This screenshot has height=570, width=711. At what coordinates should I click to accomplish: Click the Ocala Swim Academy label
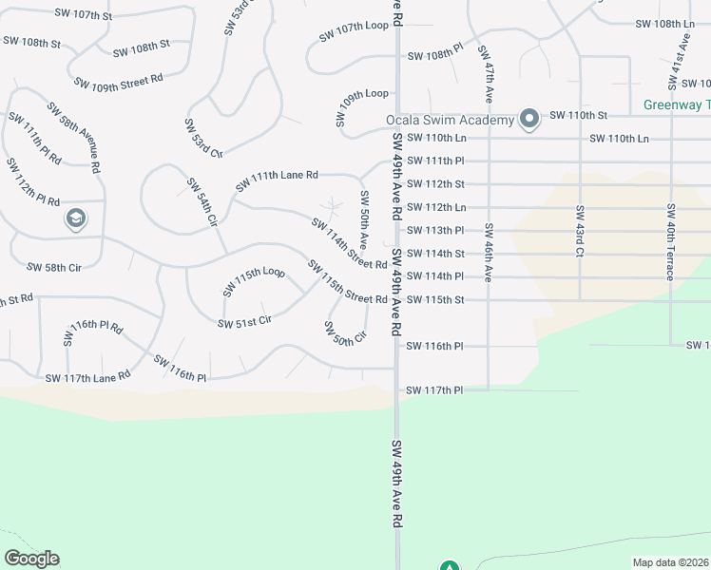click(x=449, y=120)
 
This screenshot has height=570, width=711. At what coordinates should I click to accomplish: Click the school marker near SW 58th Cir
click(x=75, y=219)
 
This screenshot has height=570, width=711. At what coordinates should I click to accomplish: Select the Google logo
click(x=31, y=559)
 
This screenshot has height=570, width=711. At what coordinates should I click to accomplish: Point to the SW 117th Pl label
click(x=434, y=390)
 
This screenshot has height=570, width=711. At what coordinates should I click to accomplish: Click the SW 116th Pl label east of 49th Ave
click(x=434, y=347)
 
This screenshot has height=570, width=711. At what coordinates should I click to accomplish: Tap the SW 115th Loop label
click(x=254, y=281)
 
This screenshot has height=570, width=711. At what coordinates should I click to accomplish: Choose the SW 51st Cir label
click(x=244, y=322)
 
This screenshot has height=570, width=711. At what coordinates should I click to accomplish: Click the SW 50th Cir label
click(x=345, y=333)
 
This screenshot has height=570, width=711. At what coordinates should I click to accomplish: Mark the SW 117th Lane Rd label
click(x=87, y=377)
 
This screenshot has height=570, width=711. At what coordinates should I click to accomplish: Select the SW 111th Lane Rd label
click(x=277, y=176)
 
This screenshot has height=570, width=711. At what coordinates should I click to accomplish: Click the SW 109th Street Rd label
click(x=119, y=82)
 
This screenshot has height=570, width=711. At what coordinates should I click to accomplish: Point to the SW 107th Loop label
click(x=354, y=31)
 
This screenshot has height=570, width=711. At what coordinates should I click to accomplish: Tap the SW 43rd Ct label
click(x=578, y=230)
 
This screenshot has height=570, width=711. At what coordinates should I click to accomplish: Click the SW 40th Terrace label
click(x=670, y=241)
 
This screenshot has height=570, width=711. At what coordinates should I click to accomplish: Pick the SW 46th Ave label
click(x=488, y=252)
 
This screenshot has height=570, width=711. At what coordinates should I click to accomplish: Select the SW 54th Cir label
click(x=202, y=201)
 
